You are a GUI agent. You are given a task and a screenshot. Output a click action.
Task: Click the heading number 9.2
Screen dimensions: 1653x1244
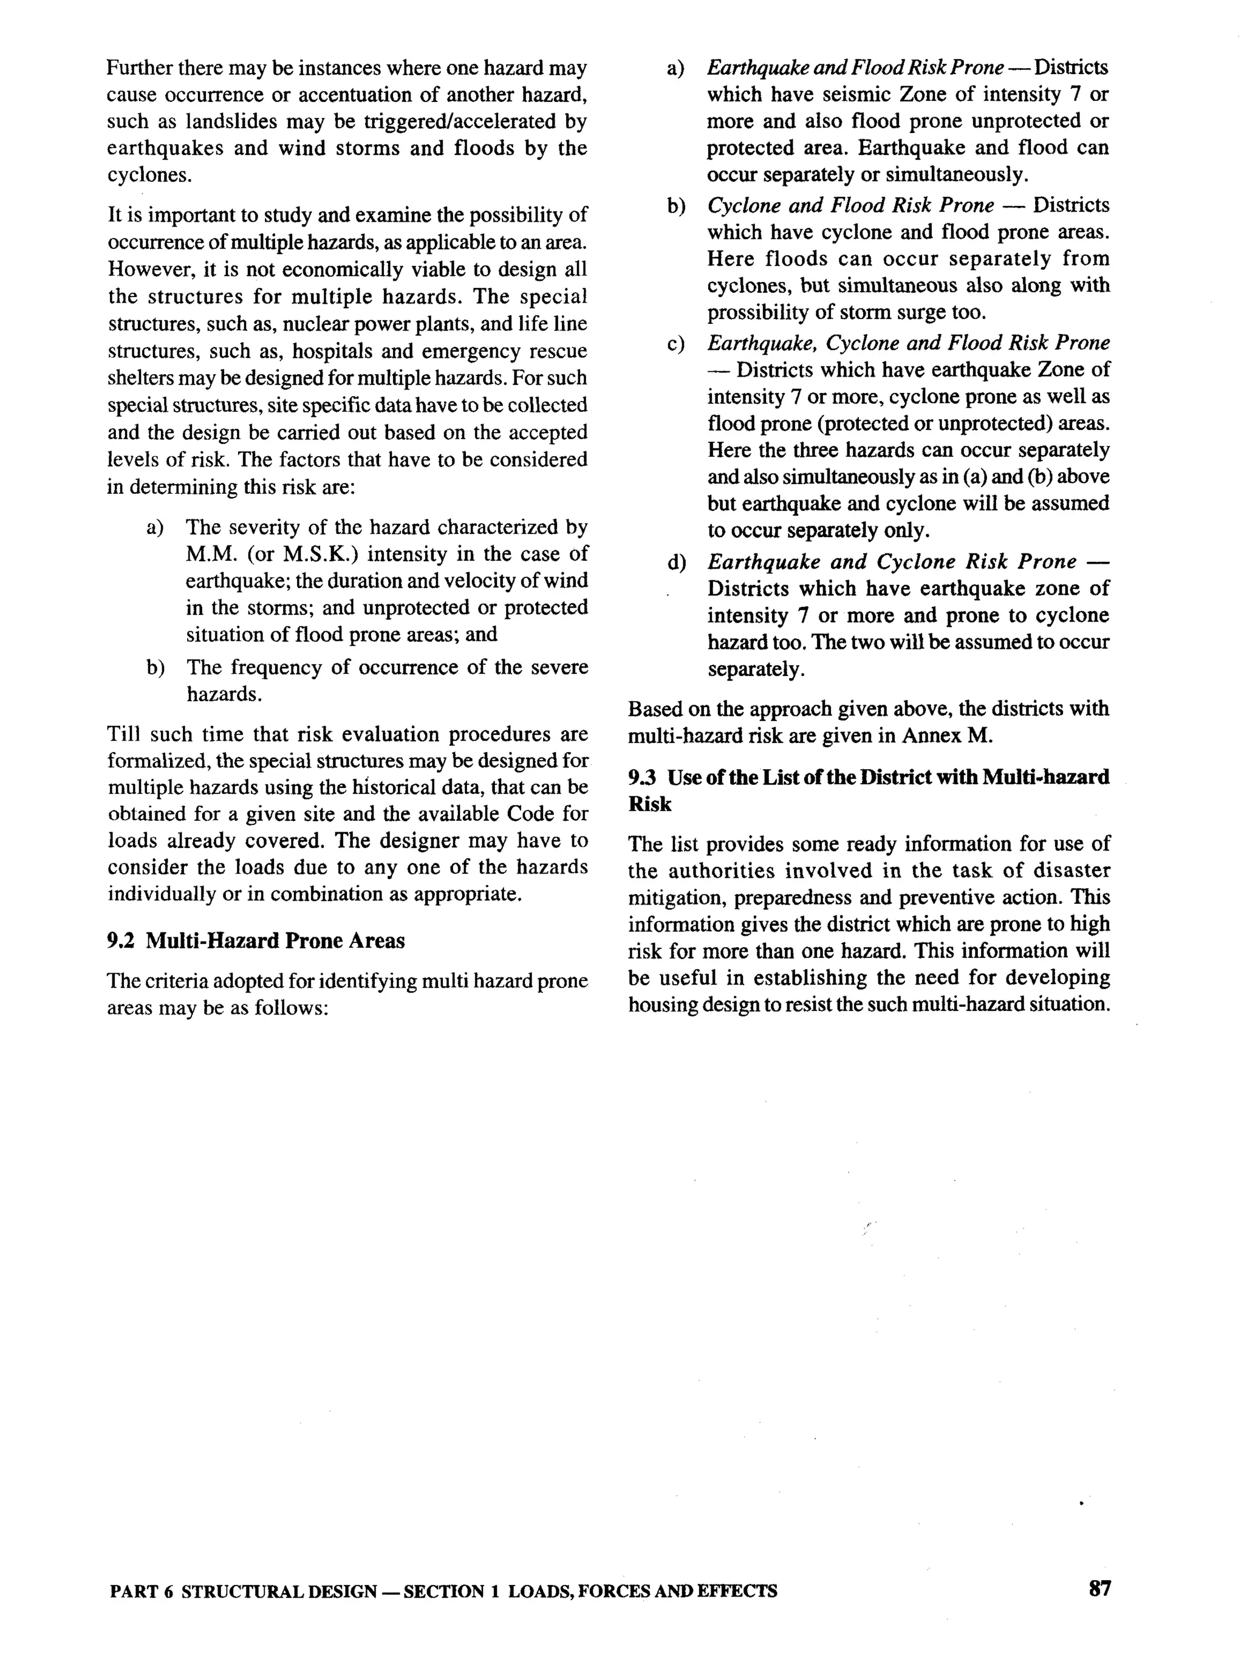coord(120,941)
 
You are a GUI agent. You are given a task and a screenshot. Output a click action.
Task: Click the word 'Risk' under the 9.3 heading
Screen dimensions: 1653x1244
coord(649,805)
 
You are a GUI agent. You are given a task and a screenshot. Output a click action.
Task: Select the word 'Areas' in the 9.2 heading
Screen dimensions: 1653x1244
coord(377,941)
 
